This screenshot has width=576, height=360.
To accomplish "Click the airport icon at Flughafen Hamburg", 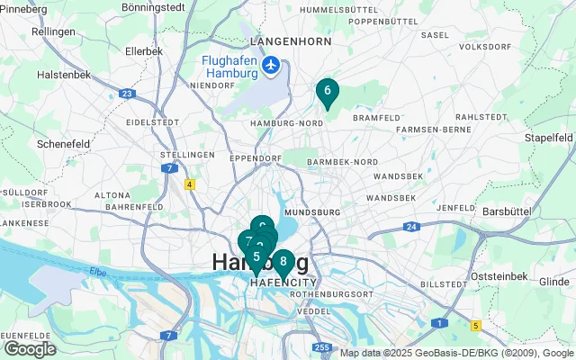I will click(270, 65).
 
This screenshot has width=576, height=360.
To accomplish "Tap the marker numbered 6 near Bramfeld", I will click(327, 91).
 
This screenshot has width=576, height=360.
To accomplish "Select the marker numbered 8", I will click(283, 262).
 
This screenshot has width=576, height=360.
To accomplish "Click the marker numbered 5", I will click(256, 257).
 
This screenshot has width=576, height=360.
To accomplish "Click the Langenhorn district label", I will click(285, 41).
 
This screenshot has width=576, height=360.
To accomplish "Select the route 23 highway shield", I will click(127, 93).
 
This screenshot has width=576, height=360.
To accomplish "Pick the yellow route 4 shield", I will click(190, 184).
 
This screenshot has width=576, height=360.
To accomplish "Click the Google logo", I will click(30, 348).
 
